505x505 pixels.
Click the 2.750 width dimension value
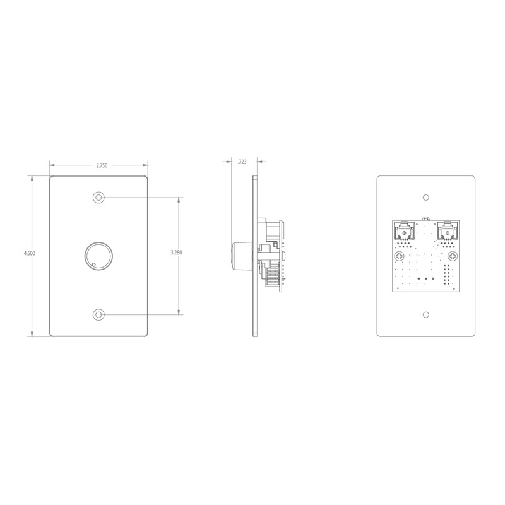pyautogui.click(x=102, y=165)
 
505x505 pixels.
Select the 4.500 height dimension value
pyautogui.click(x=29, y=253)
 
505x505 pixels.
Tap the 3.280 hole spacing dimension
pyautogui.click(x=176, y=252)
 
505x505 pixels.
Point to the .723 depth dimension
pyautogui.click(x=242, y=162)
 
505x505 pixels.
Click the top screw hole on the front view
pyautogui.click(x=98, y=197)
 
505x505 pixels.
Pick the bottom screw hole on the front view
pyautogui.click(x=98, y=314)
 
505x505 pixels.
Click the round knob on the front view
pyautogui.click(x=98, y=255)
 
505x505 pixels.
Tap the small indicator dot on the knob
pyautogui.click(x=93, y=265)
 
